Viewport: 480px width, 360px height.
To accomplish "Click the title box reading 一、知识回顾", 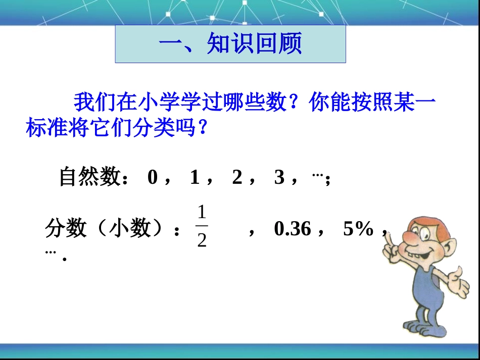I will (x=230, y=44).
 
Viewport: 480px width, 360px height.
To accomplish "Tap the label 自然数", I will (x=89, y=177).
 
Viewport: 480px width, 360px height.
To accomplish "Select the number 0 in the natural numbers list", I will (x=153, y=177).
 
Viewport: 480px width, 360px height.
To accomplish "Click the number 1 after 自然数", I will (x=195, y=177).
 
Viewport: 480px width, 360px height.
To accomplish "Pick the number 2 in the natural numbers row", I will (x=237, y=177).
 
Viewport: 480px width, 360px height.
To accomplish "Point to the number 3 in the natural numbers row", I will (x=279, y=177).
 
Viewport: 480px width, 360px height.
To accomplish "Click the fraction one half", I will (x=202, y=226).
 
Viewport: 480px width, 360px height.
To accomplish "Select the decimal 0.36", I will (x=293, y=229).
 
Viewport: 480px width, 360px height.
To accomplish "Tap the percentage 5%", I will (x=358, y=229).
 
